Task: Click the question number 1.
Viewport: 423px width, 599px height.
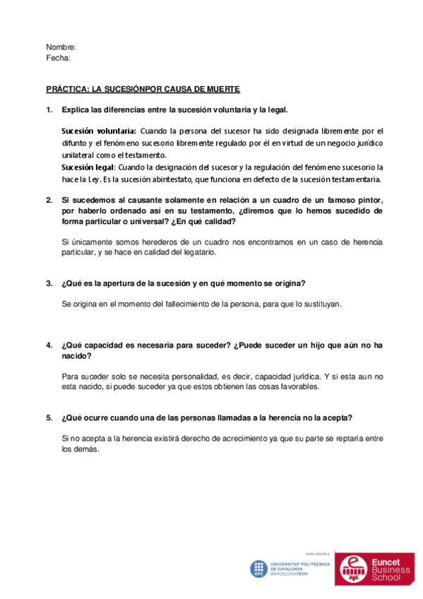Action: pos(49,109)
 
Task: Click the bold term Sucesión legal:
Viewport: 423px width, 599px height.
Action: pos(88,167)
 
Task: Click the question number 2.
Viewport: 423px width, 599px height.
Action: pos(49,200)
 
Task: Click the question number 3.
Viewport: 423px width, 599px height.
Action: pos(49,283)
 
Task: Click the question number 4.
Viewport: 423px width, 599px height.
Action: pos(49,345)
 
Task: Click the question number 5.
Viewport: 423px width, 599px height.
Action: pos(49,417)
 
